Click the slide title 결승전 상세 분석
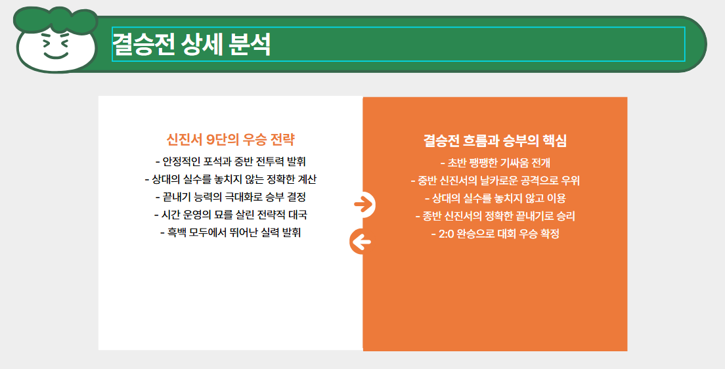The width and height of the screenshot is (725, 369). tap(192, 45)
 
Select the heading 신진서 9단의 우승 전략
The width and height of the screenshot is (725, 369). tap(231, 140)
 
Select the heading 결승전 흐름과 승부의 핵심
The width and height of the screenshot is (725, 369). tap(495, 141)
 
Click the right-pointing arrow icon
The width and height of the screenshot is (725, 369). tap(363, 204)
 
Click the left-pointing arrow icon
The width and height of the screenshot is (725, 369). tap(361, 242)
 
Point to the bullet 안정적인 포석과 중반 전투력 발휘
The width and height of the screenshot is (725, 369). tap(231, 161)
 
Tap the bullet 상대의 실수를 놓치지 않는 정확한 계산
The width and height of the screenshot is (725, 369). tap(231, 179)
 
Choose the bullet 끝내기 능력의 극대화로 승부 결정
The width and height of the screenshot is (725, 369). tap(231, 196)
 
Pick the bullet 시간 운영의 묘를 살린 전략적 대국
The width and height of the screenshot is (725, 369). tap(231, 215)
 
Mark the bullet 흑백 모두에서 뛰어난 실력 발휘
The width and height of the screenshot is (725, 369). tap(231, 233)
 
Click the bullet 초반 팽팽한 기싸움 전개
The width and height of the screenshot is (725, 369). tap(495, 163)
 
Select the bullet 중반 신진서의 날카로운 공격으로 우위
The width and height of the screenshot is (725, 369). tap(495, 181)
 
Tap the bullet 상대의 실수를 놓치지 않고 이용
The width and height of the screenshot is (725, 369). tap(495, 198)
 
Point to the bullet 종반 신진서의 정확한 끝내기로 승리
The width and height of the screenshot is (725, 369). tap(495, 216)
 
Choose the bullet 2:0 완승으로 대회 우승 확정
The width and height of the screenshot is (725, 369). tap(495, 234)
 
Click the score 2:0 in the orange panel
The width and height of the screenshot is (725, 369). tap(449, 234)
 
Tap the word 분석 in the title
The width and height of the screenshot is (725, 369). tap(251, 45)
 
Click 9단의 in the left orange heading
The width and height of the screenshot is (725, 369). tap(223, 140)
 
